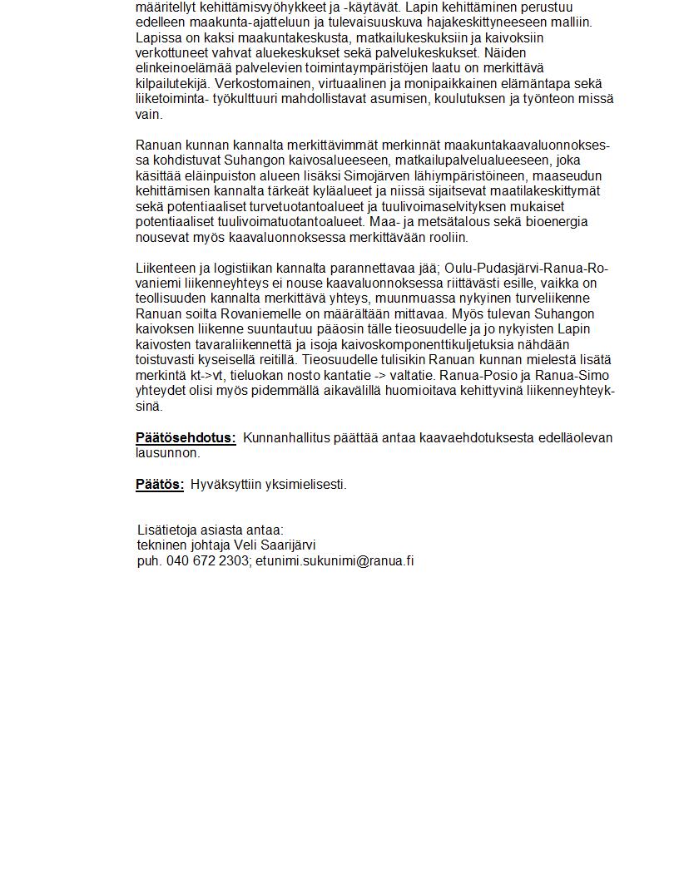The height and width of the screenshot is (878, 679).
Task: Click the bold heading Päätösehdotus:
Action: pyautogui.click(x=186, y=438)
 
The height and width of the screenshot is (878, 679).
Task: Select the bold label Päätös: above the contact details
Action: pyautogui.click(x=160, y=485)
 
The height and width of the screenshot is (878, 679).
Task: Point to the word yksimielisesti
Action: pyautogui.click(x=305, y=485)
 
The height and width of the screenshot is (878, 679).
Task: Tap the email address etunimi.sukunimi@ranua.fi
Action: pyautogui.click(x=335, y=561)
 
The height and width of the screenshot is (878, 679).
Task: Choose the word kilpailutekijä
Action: pyautogui.click(x=172, y=84)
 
